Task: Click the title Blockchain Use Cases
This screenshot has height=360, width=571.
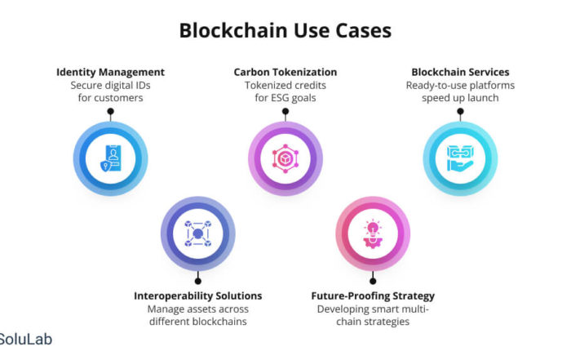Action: click(x=285, y=30)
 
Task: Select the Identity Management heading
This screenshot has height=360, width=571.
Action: click(x=110, y=72)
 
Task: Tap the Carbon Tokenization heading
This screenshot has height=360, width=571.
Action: click(x=285, y=72)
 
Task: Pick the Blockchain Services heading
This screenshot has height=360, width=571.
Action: click(x=460, y=72)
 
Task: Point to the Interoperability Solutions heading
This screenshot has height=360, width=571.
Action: click(x=197, y=296)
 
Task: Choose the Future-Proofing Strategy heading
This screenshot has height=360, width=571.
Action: click(x=373, y=296)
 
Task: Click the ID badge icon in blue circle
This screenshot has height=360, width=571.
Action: click(x=111, y=158)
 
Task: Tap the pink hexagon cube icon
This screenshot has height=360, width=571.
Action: click(x=285, y=158)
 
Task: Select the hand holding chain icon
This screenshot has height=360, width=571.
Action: click(x=460, y=158)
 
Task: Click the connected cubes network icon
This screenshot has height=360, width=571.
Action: click(x=198, y=233)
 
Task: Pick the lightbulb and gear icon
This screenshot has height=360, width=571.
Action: click(x=373, y=233)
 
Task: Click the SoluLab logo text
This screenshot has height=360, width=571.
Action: click(x=25, y=340)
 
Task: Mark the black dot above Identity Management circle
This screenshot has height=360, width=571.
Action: click(x=111, y=111)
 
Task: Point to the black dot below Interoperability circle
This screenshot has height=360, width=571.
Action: click(x=197, y=281)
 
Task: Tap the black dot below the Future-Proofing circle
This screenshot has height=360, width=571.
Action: click(x=373, y=281)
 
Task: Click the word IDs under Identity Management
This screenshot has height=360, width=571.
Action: click(x=142, y=85)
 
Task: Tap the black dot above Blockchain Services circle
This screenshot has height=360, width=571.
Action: click(x=460, y=111)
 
